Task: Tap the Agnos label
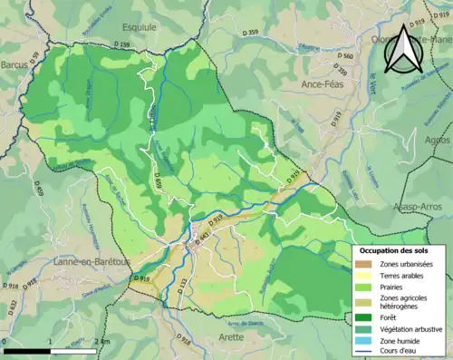click(437, 141)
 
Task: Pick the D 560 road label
click(344, 56)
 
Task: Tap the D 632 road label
click(13, 306)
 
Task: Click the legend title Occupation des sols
click(395, 250)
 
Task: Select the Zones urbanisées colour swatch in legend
click(362, 264)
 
